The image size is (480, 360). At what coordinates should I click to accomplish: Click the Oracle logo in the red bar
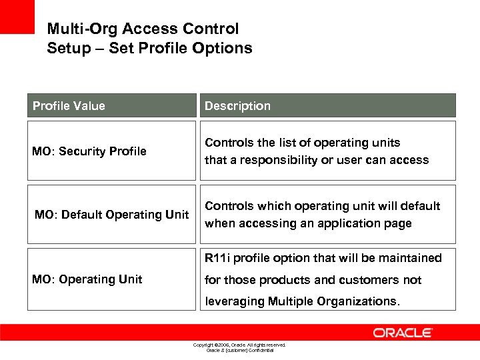click(403, 333)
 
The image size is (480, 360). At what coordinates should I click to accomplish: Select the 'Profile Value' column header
click(69, 106)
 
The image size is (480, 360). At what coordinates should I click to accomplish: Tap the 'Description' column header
click(237, 106)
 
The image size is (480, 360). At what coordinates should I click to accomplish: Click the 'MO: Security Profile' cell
click(89, 151)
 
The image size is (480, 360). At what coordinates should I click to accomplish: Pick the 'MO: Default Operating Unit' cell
click(111, 215)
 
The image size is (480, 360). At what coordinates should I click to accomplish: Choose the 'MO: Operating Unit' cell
click(87, 279)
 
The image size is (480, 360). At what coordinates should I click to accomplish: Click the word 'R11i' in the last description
click(218, 258)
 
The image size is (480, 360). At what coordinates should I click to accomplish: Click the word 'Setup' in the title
click(67, 49)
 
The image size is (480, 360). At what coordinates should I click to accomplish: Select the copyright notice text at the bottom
click(239, 345)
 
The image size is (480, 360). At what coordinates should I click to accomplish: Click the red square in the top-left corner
click(17, 17)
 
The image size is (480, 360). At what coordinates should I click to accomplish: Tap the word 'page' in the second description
click(397, 224)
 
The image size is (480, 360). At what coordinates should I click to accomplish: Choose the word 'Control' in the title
click(212, 29)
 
